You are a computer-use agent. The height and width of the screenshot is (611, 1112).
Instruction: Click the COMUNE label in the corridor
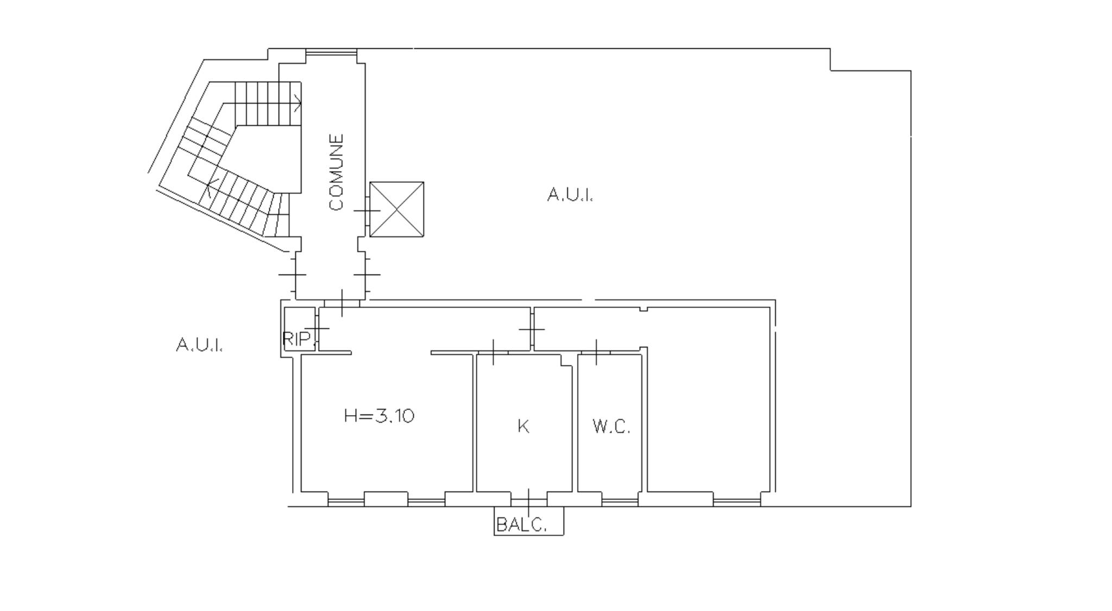[x=337, y=172]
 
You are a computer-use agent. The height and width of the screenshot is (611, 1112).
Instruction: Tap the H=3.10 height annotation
[x=379, y=416]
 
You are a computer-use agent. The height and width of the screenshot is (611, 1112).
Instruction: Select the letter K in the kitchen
[x=523, y=427]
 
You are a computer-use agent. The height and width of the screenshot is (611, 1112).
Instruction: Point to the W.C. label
[x=611, y=427]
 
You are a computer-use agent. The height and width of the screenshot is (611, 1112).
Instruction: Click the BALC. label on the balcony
[x=521, y=525]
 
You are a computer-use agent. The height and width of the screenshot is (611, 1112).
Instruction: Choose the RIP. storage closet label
[x=298, y=339]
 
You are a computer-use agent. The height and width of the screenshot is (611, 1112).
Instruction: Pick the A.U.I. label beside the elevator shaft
[x=570, y=194]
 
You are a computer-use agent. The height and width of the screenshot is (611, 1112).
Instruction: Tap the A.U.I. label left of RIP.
[x=199, y=345]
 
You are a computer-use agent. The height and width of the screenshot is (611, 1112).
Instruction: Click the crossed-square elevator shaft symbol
[x=397, y=209]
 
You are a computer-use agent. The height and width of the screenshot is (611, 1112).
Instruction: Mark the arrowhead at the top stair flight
[x=298, y=102]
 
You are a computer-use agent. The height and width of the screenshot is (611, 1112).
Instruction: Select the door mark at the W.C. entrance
[x=596, y=352]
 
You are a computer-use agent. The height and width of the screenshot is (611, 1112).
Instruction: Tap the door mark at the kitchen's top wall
[x=493, y=352]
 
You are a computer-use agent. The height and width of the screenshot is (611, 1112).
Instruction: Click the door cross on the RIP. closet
[x=318, y=328]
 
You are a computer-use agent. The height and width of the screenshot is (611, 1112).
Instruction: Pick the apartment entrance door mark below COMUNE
[x=342, y=303]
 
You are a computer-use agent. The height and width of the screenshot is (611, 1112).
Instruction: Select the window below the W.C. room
[x=620, y=502]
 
